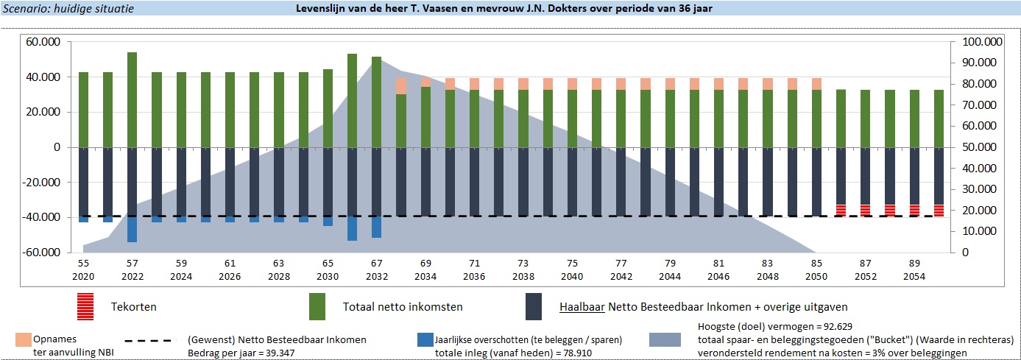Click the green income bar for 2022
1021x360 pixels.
(x=133, y=99)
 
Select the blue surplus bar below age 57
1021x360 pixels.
(x=133, y=229)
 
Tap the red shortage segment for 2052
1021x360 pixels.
(x=866, y=210)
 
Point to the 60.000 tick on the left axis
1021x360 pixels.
(x=44, y=42)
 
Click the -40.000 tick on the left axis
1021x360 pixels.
(x=43, y=217)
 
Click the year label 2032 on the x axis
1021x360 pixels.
(x=376, y=276)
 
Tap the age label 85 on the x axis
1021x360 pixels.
(x=816, y=263)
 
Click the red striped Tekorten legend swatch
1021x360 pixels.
(x=85, y=306)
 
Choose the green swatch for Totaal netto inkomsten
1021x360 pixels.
(x=317, y=306)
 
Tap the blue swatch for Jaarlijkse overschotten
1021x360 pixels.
(x=425, y=340)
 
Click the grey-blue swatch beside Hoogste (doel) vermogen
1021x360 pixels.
(x=670, y=340)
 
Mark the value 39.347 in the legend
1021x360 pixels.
(x=273, y=353)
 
